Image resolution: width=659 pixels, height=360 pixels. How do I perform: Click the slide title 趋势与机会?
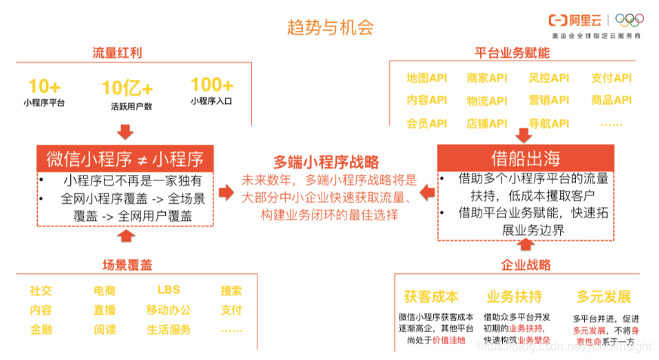tap(330, 28)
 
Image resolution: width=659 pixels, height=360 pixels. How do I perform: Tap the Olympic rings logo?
tap(630, 20)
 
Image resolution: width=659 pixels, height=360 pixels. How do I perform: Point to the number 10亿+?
tap(126, 88)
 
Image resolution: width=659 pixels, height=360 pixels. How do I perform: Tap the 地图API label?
tap(427, 78)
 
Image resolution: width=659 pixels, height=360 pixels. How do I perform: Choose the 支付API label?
tap(611, 78)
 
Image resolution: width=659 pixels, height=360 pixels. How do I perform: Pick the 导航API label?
tap(549, 123)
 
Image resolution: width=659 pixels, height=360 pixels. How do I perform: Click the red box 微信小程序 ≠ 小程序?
tap(125, 158)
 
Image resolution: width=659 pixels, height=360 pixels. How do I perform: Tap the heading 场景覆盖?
tap(128, 264)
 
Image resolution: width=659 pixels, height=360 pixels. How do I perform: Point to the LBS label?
tap(168, 290)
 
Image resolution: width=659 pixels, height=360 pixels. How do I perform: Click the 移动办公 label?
tap(168, 309)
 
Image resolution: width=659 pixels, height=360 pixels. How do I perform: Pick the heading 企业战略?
tap(526, 265)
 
